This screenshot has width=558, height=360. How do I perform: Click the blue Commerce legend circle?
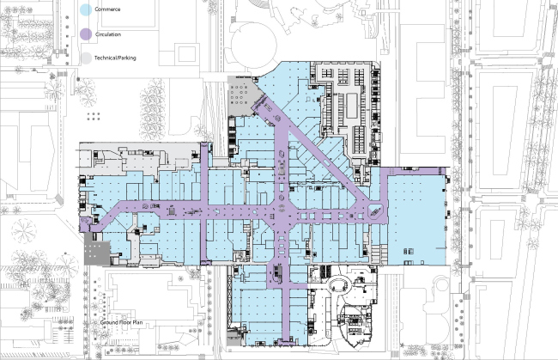[x=86, y=10]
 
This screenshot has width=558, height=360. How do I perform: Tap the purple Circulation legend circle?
[x=86, y=34]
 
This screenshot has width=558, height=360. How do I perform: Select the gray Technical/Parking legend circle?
[x=86, y=58]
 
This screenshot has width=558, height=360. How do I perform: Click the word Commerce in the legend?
[x=107, y=9]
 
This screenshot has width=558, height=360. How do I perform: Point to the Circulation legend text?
[x=108, y=34]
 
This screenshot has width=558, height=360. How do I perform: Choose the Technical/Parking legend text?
[x=115, y=58]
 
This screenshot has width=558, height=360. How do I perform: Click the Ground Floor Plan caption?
[x=121, y=322]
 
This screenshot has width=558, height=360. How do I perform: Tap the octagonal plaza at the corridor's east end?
[x=375, y=212]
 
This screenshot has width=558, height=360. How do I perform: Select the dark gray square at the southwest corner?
[x=97, y=253]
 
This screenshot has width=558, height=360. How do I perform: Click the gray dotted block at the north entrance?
[x=244, y=95]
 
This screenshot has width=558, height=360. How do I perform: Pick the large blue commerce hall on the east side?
[x=416, y=220]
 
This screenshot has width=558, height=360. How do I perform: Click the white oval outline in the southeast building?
[x=339, y=285]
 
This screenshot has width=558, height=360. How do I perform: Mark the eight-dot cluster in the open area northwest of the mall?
[x=94, y=117]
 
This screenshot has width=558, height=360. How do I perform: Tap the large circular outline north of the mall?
[x=254, y=46]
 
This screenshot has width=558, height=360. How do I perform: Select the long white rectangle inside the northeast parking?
[x=352, y=106]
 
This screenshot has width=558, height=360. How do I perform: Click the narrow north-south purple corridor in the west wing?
[x=204, y=204]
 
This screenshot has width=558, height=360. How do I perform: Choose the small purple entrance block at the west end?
[x=85, y=225]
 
